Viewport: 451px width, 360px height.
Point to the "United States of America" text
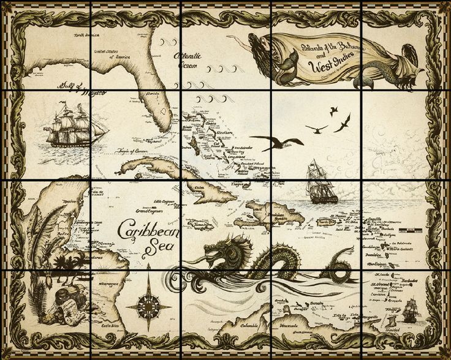pos(113,54)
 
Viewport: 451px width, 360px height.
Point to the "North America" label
pos(86,36)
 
